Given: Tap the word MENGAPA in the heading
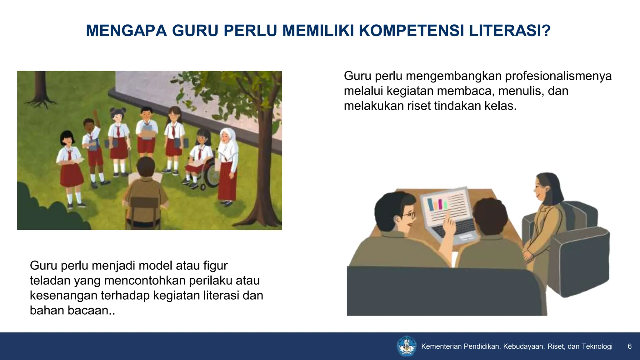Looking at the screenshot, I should tap(126, 31).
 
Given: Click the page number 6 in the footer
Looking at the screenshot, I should tap(629, 346).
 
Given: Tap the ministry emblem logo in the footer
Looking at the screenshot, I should tap(407, 346).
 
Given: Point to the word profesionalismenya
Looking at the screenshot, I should tap(558, 76).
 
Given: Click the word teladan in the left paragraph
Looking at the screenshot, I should tap(50, 280).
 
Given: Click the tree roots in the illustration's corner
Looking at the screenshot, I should tap(41, 102).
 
